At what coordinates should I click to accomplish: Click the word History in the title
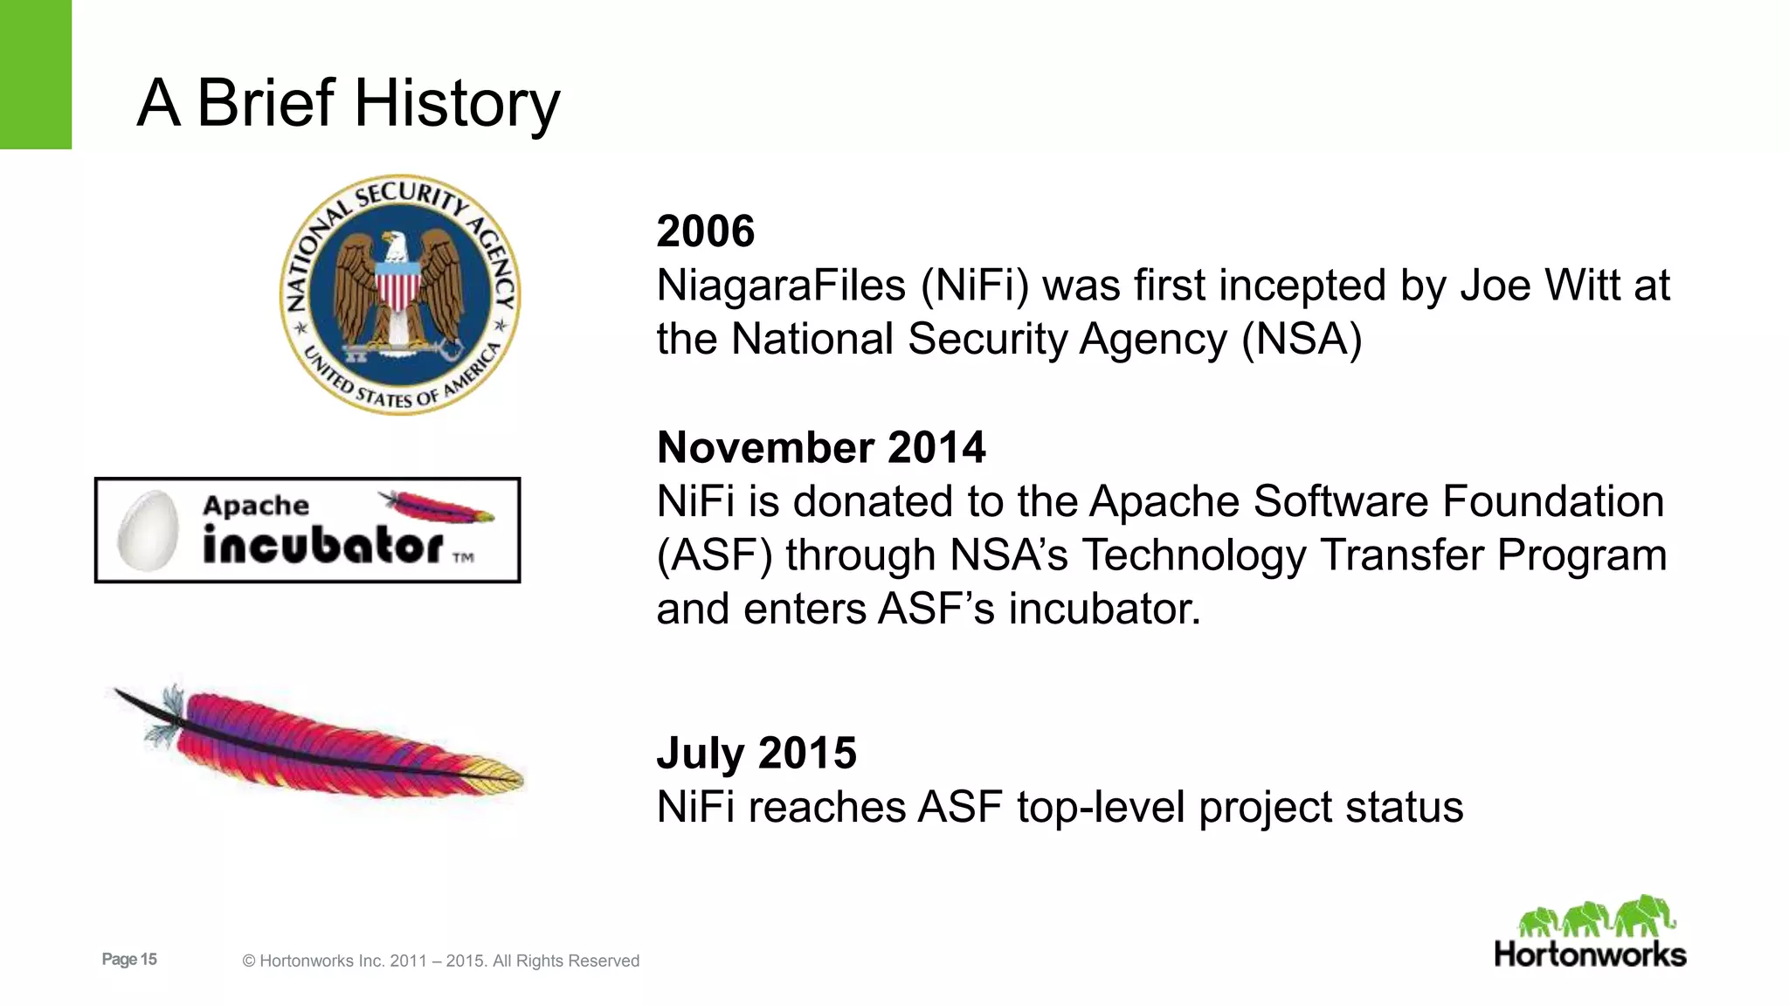456,103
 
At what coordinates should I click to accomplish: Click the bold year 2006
705,231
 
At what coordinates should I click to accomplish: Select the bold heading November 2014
820,447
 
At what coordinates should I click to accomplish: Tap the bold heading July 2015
756,753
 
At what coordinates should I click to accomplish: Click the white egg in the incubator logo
148,530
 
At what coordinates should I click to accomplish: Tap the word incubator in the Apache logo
323,547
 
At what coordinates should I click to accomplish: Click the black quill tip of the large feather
131,699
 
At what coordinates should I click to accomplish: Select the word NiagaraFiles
781,286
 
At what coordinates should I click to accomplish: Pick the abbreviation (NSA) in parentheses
1302,339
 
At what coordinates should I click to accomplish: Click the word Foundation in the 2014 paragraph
1553,501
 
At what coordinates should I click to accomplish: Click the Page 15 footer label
129,959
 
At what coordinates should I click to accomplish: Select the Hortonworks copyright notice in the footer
440,961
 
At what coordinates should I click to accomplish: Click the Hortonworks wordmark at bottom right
1590,954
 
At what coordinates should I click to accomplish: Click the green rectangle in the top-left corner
35,74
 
